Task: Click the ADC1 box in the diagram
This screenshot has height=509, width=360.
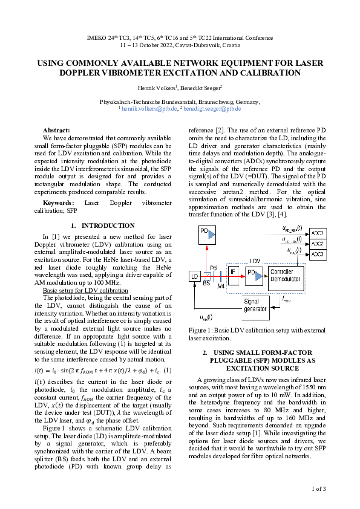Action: [x=317, y=233]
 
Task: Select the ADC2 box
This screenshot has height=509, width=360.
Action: [x=317, y=244]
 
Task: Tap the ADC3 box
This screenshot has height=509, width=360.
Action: [x=317, y=254]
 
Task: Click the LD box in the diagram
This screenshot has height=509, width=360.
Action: [x=195, y=276]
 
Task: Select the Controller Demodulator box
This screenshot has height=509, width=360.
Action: [x=286, y=276]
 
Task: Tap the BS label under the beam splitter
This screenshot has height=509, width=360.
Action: [x=207, y=282]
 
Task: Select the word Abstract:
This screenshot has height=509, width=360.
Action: [x=56, y=130]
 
